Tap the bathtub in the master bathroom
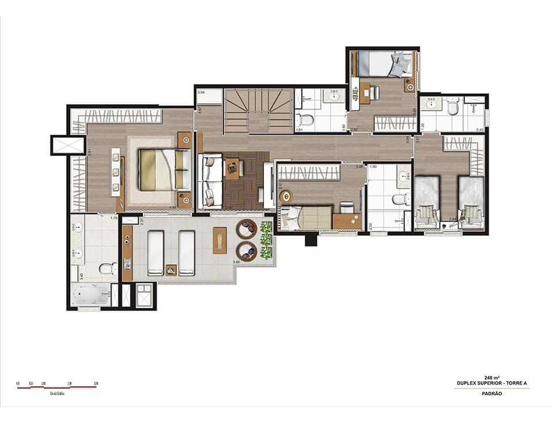tap(91, 295)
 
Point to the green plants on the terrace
tap(266, 240)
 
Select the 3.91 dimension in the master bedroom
tap(74, 153)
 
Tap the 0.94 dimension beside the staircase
tap(201, 92)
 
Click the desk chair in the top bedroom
tap(374, 91)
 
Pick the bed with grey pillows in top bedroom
tap(382, 64)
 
